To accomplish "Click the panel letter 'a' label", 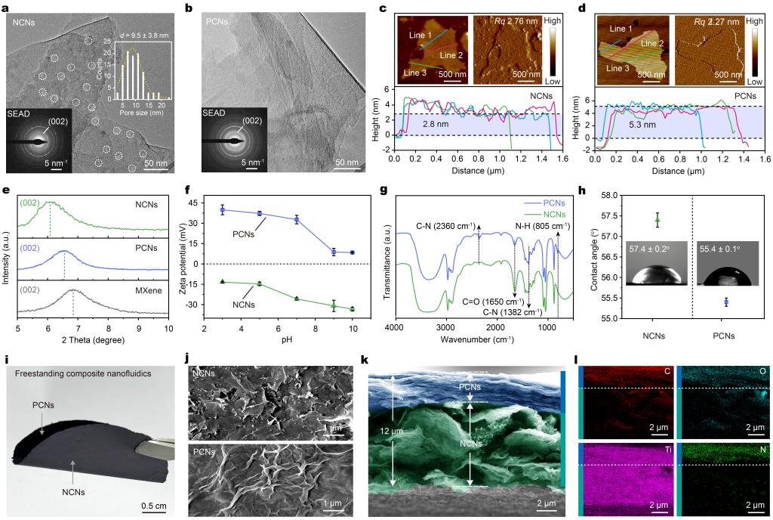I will point(7,8).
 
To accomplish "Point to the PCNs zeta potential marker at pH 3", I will point(223,209).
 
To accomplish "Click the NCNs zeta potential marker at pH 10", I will point(353,308).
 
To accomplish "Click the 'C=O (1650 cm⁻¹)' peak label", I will point(491,300).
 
